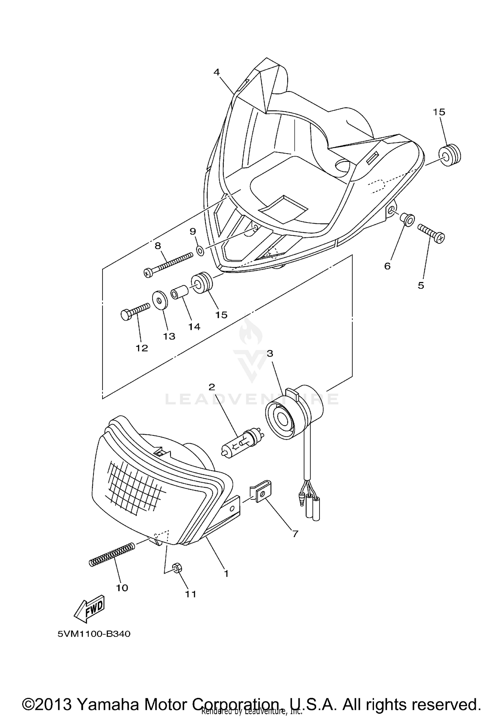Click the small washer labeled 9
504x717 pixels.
[x=200, y=250]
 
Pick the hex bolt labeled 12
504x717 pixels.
[x=134, y=311]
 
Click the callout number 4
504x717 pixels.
[x=216, y=72]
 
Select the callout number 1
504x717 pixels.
[x=226, y=573]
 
